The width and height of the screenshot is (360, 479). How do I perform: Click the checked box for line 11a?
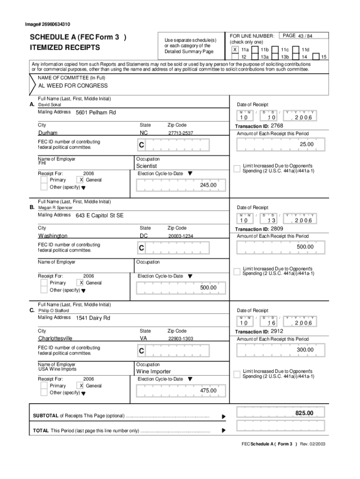[235, 49]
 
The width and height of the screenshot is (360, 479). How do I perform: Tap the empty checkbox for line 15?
[316, 57]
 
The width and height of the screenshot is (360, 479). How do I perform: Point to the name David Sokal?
[50, 105]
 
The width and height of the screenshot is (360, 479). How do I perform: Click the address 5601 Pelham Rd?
[96, 113]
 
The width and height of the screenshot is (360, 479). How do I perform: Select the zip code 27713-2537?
[180, 133]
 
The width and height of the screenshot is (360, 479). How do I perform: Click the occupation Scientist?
[146, 166]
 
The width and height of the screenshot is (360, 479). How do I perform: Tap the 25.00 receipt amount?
[306, 145]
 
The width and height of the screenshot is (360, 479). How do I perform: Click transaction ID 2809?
[277, 229]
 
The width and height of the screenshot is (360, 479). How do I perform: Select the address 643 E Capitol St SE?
[100, 216]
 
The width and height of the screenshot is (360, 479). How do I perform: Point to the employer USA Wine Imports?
[57, 369]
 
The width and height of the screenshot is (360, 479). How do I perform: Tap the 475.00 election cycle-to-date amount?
[208, 391]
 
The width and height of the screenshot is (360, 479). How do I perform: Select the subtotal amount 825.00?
[304, 413]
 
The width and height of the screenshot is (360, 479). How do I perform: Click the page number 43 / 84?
[306, 36]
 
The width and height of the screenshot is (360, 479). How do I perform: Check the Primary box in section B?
[43, 283]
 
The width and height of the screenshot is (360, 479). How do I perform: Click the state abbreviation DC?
[144, 236]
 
